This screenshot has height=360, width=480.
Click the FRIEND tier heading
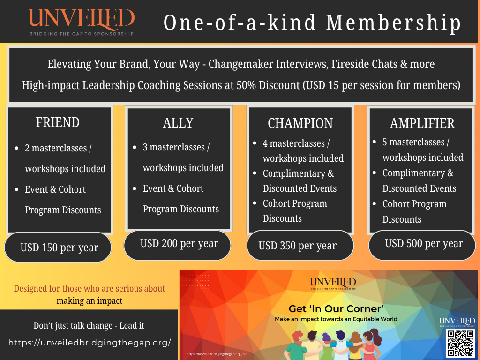[58, 122]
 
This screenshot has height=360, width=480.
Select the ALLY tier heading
[178, 123]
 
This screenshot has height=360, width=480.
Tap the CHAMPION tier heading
[300, 123]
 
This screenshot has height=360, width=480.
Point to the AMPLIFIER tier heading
[422, 123]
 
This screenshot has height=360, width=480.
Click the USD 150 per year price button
[59, 247]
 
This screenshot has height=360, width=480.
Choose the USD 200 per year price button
[179, 244]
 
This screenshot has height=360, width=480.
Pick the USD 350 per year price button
[298, 246]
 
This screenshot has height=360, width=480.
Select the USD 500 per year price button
[424, 244]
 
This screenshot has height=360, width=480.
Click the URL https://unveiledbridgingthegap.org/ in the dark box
[90, 343]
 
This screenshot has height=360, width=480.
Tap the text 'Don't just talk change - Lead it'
[89, 325]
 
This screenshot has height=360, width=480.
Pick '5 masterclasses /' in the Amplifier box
[416, 142]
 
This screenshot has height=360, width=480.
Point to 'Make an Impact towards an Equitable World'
[336, 319]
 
